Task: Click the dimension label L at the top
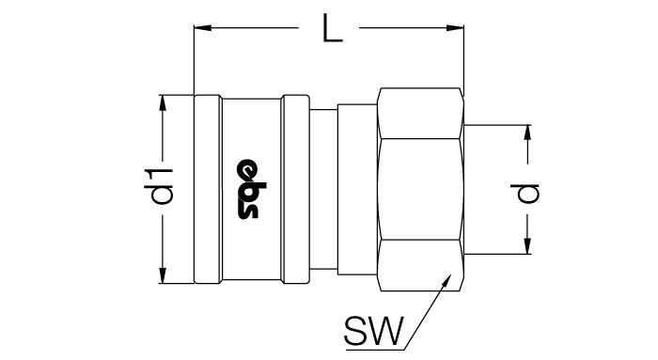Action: [x=332, y=28]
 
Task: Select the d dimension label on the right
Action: [x=526, y=194]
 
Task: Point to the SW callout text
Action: [x=373, y=331]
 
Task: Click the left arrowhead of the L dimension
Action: [x=202, y=28]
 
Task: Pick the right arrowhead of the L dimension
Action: [x=455, y=28]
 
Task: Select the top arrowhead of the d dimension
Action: [x=527, y=133]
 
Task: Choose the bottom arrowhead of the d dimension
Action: [x=527, y=245]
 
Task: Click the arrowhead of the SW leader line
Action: [x=446, y=281]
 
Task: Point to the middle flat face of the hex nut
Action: [x=420, y=189]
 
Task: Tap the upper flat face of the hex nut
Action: [x=420, y=114]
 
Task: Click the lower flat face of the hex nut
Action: [x=420, y=266]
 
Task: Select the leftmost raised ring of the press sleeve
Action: [x=208, y=189]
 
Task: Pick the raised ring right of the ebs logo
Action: [x=296, y=189]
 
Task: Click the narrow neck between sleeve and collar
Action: [x=323, y=189]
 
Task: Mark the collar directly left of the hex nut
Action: [x=357, y=189]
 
